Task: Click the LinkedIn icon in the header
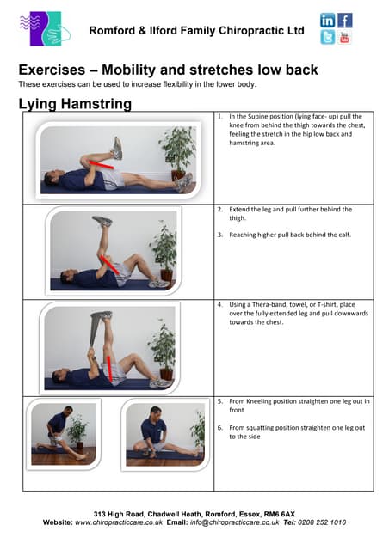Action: click(x=328, y=20)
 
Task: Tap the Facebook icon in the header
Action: click(x=345, y=20)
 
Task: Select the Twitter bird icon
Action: click(x=328, y=37)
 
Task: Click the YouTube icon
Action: click(x=345, y=37)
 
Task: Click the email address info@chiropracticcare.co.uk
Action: click(x=234, y=522)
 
